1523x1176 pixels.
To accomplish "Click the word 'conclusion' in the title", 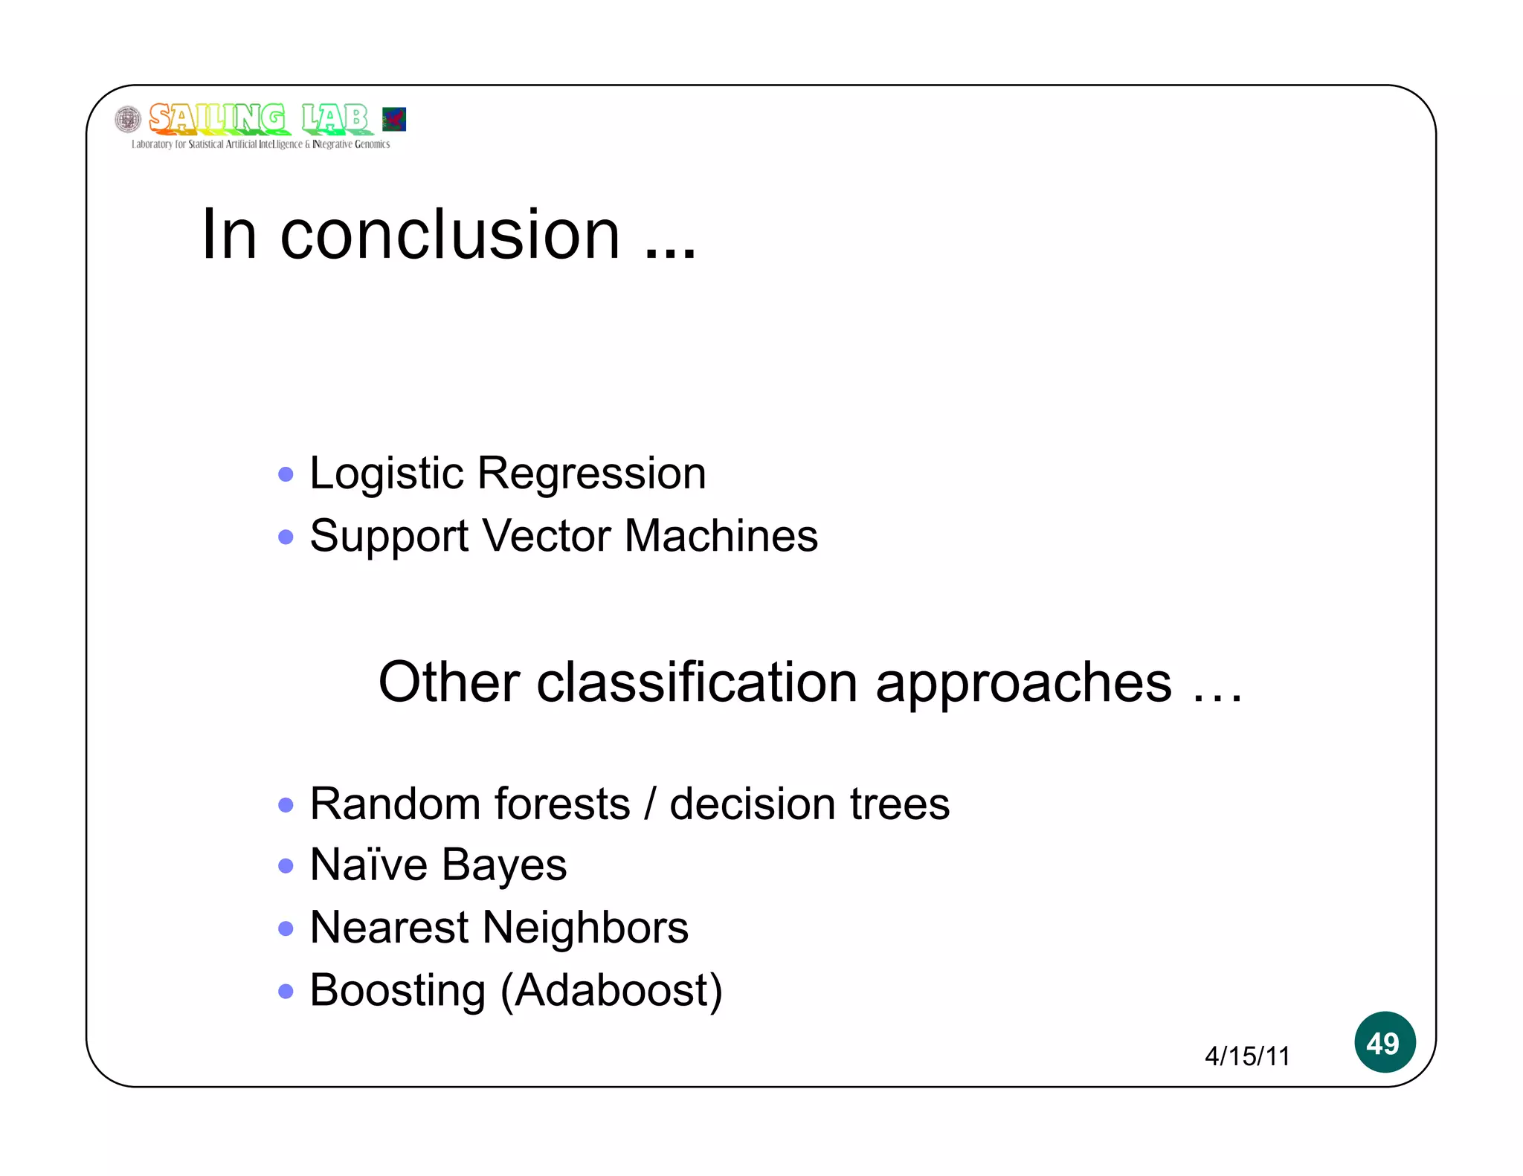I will click(x=450, y=236).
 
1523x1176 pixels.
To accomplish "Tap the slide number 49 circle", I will click(x=1384, y=1042).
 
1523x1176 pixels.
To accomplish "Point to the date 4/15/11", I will click(x=1247, y=1056).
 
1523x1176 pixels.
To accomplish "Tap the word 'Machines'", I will click(x=721, y=536).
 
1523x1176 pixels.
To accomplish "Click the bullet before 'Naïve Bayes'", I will click(x=286, y=866).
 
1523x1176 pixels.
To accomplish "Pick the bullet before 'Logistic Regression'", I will click(x=286, y=474).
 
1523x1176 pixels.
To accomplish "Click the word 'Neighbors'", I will click(x=585, y=928).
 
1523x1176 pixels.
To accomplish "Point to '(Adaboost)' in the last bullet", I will click(x=611, y=991).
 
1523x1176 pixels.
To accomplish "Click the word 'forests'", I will click(x=562, y=804).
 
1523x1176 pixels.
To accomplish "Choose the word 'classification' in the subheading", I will click(x=698, y=682).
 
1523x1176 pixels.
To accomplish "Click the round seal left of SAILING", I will click(x=128, y=119).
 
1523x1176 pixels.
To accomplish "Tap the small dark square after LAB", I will click(x=394, y=119).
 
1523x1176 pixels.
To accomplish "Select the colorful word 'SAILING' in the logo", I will click(x=216, y=119).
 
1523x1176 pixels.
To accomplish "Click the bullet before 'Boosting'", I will click(x=286, y=991).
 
